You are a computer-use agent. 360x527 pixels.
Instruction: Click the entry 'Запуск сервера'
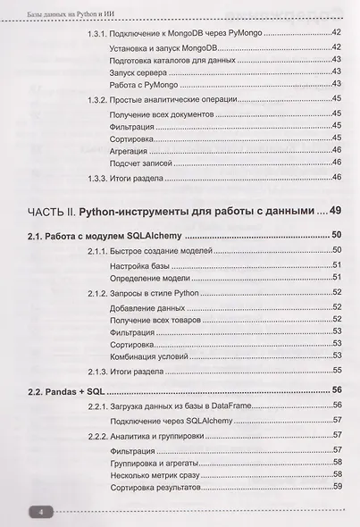click(x=135, y=71)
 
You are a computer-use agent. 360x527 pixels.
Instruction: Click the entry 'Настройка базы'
click(x=141, y=266)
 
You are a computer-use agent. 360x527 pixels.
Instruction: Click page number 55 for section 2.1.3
click(x=338, y=370)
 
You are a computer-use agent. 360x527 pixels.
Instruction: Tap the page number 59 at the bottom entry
click(x=338, y=487)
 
